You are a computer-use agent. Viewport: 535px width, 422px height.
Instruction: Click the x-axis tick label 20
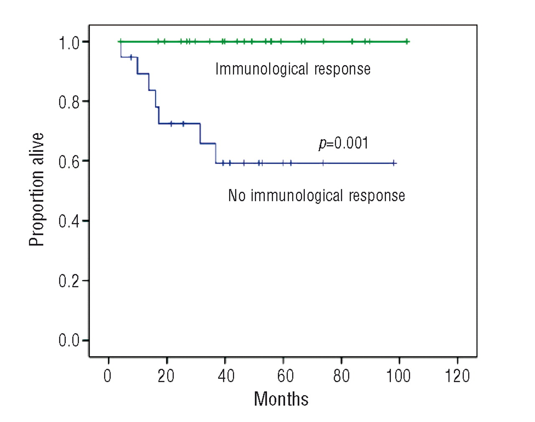pos(166,376)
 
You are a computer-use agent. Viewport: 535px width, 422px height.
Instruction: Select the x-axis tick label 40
pos(226,376)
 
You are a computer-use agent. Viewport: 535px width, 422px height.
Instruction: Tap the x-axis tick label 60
pos(285,376)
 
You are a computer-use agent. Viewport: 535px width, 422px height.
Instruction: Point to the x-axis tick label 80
pos(341,376)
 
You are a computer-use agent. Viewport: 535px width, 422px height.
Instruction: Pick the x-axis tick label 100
pos(398,376)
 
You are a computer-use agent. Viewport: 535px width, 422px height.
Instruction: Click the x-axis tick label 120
pos(457,376)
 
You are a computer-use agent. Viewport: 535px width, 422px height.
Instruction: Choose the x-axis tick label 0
pos(108,376)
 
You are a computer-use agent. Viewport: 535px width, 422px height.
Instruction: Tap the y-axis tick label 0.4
pos(69,221)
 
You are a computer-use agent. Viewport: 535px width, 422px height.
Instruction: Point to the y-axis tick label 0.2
pos(69,281)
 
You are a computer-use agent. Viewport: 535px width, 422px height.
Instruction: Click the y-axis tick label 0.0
pos(69,341)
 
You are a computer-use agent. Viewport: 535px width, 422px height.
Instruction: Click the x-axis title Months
pos(281,399)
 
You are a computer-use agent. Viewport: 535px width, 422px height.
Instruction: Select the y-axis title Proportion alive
pos(36,190)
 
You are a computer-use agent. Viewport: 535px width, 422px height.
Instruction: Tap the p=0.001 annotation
pos(344,143)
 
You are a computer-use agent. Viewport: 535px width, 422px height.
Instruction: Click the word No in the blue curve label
pos(237,196)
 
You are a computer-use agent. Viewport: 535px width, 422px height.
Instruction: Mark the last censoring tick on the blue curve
pos(394,163)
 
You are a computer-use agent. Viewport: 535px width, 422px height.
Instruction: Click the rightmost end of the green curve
pos(409,41)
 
